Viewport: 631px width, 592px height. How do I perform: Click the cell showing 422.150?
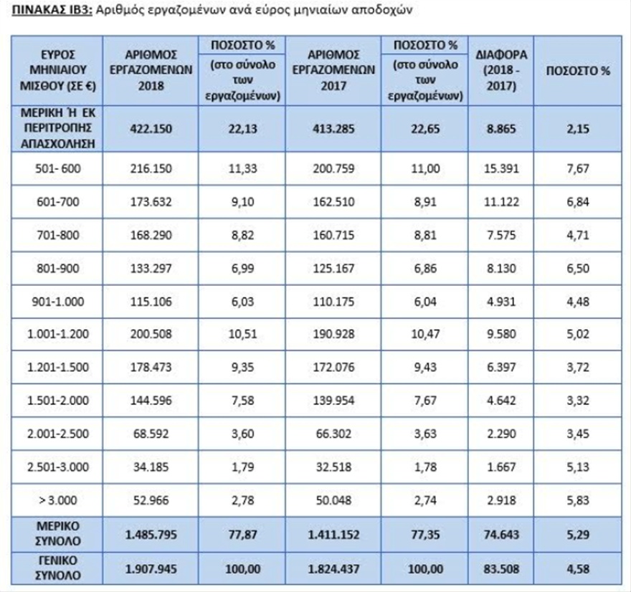click(x=148, y=128)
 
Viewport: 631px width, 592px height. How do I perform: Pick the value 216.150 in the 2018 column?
click(x=148, y=170)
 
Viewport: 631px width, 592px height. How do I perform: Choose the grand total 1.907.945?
click(x=148, y=566)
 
